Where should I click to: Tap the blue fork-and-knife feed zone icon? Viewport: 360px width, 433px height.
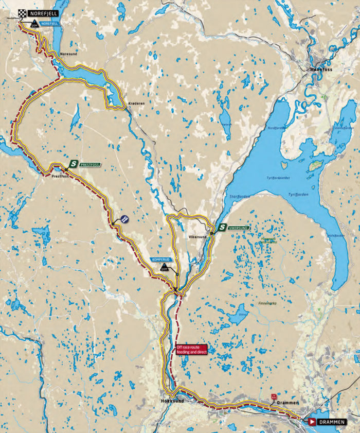click(124, 219)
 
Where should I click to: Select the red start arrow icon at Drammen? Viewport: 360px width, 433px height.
click(312, 422)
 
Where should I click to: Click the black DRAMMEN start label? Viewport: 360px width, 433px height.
click(332, 422)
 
